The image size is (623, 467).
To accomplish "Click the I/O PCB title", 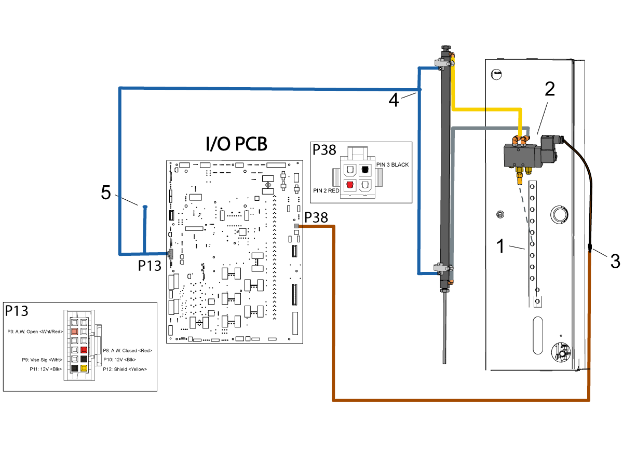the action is coord(236,144).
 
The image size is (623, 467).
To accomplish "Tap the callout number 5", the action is coord(106,192).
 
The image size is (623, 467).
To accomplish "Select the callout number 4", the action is coord(394,100).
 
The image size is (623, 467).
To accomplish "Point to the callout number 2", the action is coord(550,89).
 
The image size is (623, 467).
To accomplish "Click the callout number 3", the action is coord(615,261).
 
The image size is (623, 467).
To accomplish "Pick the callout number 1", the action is coord(500,245).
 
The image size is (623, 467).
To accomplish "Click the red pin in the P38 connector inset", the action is coord(350,185).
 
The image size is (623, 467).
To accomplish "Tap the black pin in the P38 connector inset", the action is coord(365,169).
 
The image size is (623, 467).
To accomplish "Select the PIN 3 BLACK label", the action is coord(392,164).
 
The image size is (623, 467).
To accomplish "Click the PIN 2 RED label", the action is coord(326,190).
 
